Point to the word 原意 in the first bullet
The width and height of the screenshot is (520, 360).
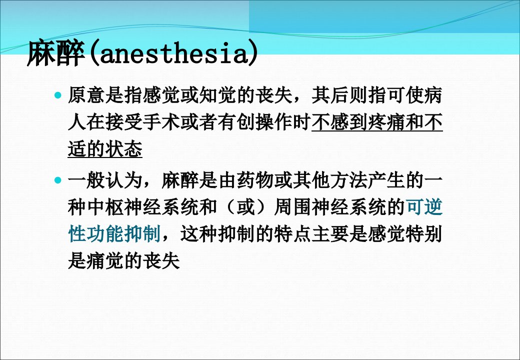click(x=86, y=95)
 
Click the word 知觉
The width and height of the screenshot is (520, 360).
click(x=217, y=95)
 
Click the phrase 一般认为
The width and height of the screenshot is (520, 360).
click(x=105, y=180)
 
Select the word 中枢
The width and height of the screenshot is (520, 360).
click(x=105, y=207)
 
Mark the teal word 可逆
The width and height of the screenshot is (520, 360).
click(x=424, y=207)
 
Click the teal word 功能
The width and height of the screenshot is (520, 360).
click(x=105, y=233)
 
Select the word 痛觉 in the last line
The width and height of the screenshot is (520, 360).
click(x=105, y=261)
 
